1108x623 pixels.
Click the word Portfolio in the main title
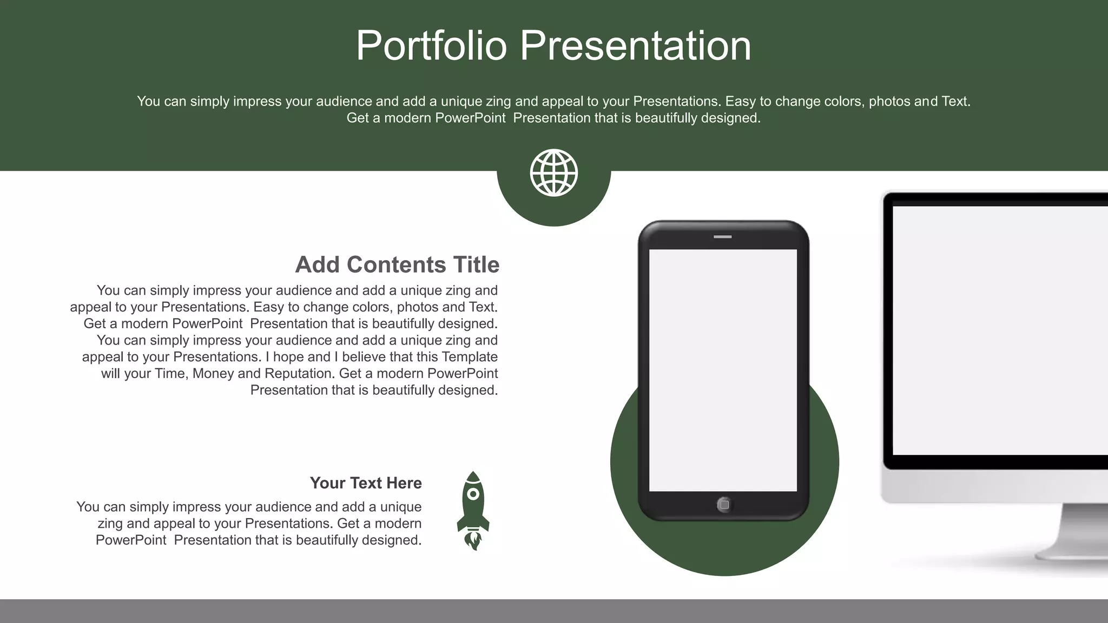coord(431,46)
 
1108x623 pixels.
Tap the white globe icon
coord(553,173)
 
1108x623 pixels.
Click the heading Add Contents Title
coord(397,265)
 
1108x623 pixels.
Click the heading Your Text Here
coord(365,483)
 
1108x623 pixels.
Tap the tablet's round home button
coord(724,505)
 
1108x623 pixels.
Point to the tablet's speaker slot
coord(722,237)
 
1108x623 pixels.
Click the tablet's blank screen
coord(722,370)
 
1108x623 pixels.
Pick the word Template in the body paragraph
coord(469,357)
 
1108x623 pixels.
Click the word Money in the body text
coord(213,374)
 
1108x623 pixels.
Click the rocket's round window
coord(473,494)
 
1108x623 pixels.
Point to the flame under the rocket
coord(473,540)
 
